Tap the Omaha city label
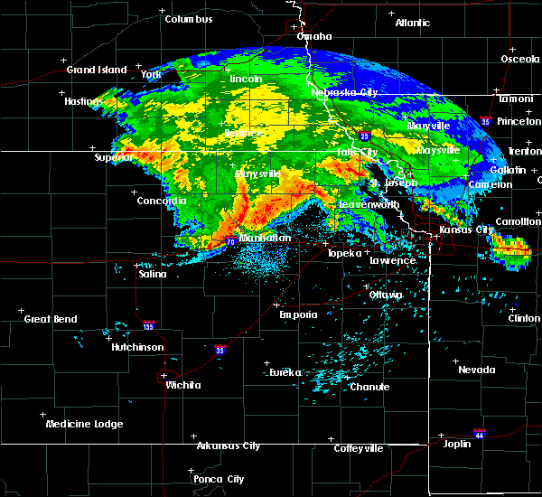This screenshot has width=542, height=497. pos(315,37)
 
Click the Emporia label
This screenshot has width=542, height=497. pos(297,314)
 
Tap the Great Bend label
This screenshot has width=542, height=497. pos(51,319)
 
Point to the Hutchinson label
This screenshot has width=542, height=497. pos(137,347)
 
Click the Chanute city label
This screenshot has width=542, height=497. pos(369,387)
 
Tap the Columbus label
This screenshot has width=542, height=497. pos(189,19)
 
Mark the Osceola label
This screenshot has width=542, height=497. pos(520,60)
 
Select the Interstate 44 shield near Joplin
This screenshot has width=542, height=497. pos(480,434)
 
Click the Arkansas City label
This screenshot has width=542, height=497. pos(228,445)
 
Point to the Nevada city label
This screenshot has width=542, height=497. pos(476,370)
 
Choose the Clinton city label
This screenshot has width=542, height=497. pos(524,318)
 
